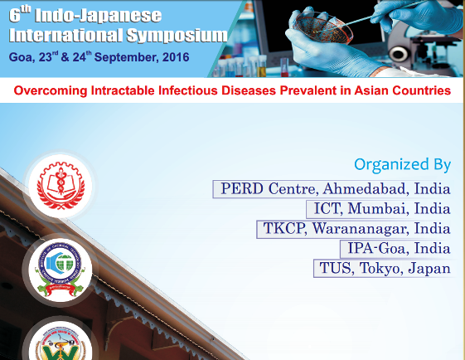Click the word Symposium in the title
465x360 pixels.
[x=177, y=36]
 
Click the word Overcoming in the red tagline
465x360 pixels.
[x=51, y=90]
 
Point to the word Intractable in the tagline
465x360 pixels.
[x=123, y=90]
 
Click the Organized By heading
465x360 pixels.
[x=403, y=165]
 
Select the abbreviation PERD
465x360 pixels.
[x=242, y=189]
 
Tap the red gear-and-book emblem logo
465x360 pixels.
[x=61, y=186]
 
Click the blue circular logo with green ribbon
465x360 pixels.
[x=61, y=270]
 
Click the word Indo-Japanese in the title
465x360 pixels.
[x=98, y=16]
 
